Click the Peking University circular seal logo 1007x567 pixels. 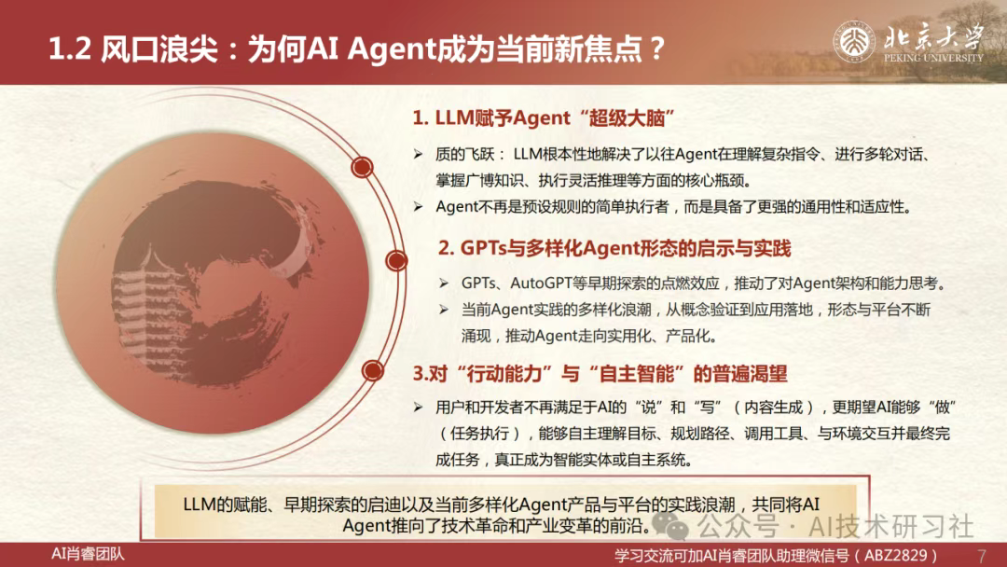(853, 42)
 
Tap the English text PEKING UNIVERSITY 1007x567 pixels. (933, 58)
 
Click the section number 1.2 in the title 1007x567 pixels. (70, 49)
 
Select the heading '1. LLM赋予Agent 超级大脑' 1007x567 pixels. (544, 118)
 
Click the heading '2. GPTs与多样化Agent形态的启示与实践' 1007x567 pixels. (614, 248)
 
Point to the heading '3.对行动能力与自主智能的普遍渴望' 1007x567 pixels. (600, 374)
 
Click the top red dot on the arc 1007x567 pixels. (362, 168)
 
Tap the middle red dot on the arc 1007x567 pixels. (396, 261)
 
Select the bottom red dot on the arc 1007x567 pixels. (372, 370)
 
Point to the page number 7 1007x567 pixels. (981, 555)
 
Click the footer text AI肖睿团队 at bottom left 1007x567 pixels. (88, 554)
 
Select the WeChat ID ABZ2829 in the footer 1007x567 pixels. (896, 556)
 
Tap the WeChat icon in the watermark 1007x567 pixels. (669, 525)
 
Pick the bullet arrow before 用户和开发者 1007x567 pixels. (418, 408)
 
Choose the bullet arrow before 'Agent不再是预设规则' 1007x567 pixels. (418, 207)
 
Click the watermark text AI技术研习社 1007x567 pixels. (891, 527)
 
